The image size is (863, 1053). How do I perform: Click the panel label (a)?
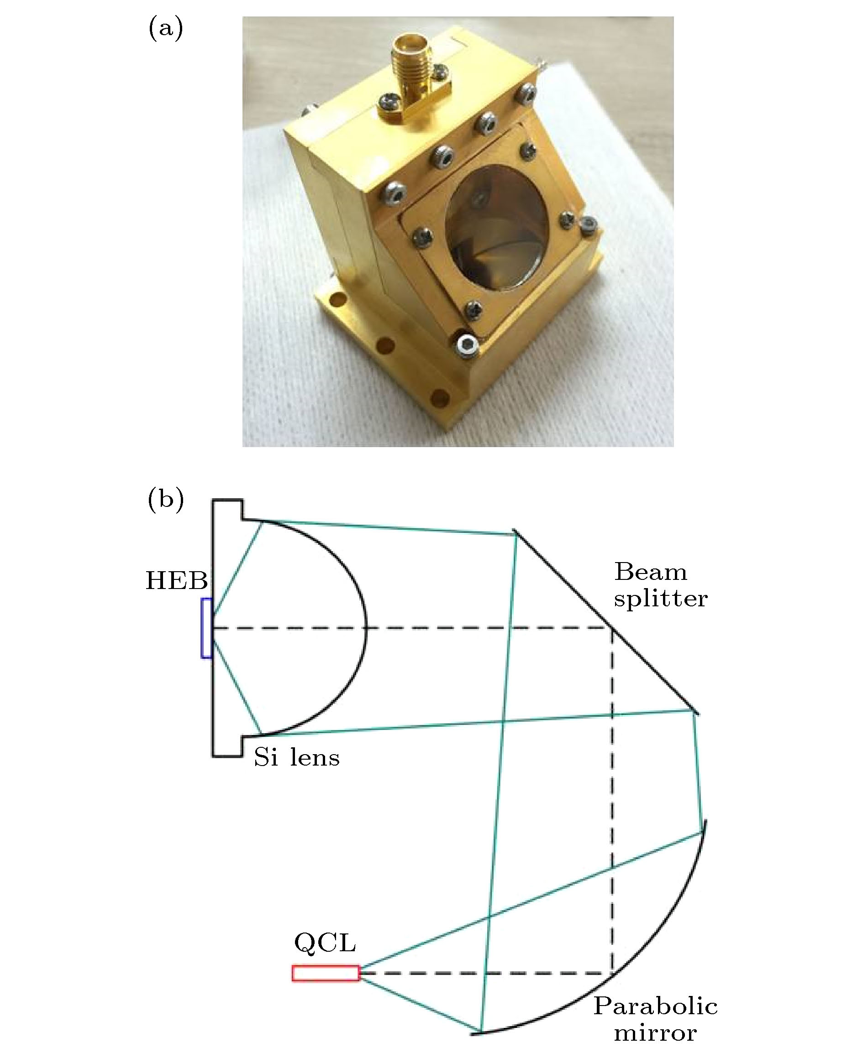166,29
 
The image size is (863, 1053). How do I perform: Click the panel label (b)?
166,500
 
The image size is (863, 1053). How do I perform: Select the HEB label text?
176,581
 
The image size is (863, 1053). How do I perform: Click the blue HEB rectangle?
206,628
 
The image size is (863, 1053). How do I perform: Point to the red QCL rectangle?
326,973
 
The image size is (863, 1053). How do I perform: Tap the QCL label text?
325,942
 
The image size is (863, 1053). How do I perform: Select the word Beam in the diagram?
651,572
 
